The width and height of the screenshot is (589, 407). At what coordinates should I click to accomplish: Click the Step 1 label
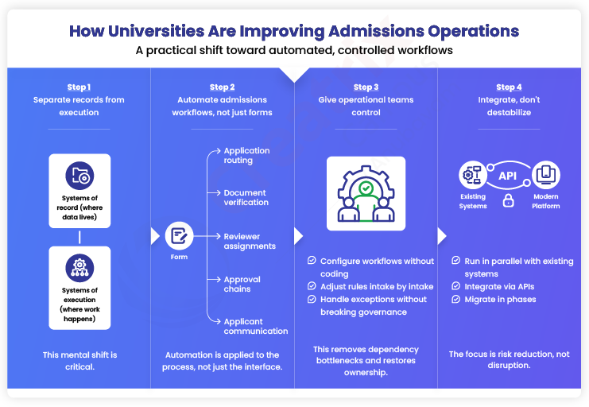click(x=79, y=87)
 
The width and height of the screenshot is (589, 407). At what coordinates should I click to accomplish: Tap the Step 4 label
click(x=509, y=87)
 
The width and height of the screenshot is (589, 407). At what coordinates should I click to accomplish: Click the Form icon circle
click(x=179, y=235)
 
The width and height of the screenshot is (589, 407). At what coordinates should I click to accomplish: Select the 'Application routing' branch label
click(x=246, y=155)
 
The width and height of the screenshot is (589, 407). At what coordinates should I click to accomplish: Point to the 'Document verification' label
click(x=246, y=197)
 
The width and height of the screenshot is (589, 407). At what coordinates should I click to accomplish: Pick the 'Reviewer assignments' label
click(x=250, y=241)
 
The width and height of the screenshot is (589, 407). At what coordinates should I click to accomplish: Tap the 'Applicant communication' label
click(x=255, y=326)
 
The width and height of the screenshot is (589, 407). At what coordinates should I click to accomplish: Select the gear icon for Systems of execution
click(x=79, y=267)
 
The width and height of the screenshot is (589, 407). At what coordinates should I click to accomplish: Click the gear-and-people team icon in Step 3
click(x=366, y=193)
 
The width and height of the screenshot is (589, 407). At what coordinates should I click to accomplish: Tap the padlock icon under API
click(x=508, y=201)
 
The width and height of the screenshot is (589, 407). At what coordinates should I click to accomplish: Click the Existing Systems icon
click(x=473, y=174)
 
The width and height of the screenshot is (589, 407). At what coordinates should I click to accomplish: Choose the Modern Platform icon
click(x=546, y=174)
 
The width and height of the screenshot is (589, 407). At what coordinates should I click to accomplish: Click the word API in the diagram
click(x=508, y=175)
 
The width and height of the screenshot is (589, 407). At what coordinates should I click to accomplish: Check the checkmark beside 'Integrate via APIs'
click(x=456, y=286)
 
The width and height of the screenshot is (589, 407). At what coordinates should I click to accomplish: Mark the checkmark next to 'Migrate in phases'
click(x=456, y=300)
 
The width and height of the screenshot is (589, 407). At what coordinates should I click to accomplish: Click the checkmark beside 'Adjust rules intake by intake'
click(x=312, y=286)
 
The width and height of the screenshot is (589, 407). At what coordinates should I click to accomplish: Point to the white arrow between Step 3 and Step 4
click(x=441, y=235)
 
